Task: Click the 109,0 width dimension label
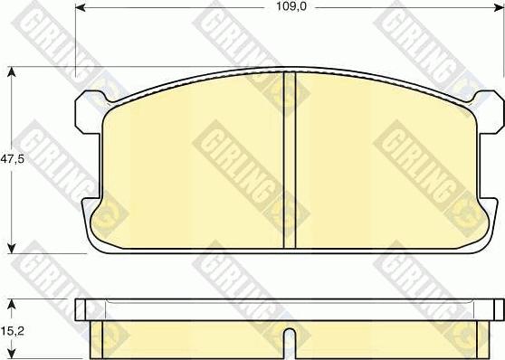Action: coord(291,6)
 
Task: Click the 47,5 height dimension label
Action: coord(13,159)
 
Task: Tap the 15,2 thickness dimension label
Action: coord(13,331)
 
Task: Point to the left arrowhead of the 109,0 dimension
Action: coord(81,7)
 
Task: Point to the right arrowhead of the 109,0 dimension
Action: coord(499,8)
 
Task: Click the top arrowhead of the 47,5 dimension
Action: coord(12,71)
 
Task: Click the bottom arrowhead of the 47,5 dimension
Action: coord(12,248)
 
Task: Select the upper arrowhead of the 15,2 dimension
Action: coord(12,304)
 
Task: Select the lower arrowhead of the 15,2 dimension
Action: coord(12,354)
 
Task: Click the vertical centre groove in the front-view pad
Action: coord(290,160)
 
